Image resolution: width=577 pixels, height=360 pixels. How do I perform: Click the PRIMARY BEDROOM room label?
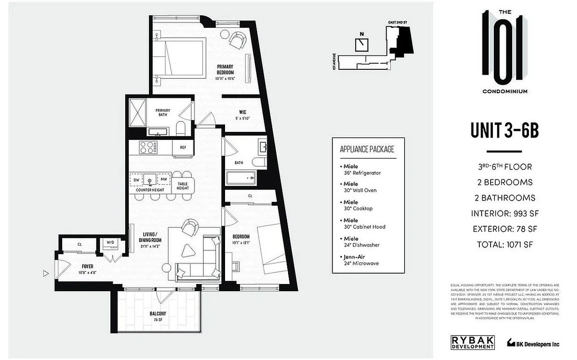click(x=225, y=70)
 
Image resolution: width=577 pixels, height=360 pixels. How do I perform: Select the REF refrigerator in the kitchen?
click(x=183, y=147)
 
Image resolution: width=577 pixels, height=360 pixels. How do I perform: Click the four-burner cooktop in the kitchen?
click(x=148, y=147)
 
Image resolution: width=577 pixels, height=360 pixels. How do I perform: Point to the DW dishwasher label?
click(x=136, y=180)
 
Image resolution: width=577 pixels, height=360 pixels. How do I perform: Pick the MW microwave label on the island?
click(x=163, y=180)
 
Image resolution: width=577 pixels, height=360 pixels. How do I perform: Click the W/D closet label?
click(x=110, y=243)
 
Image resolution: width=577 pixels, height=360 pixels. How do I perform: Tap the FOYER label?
click(x=87, y=266)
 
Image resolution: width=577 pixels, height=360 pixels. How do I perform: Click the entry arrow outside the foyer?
click(x=45, y=273)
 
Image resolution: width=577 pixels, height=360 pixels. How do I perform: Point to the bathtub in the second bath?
click(x=240, y=179)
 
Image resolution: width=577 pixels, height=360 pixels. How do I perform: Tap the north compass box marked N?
click(x=361, y=44)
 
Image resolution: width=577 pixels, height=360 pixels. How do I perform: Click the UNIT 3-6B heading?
click(x=504, y=131)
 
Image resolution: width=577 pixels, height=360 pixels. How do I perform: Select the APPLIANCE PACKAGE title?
click(x=368, y=149)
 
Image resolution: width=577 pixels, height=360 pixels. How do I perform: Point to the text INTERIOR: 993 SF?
click(x=504, y=213)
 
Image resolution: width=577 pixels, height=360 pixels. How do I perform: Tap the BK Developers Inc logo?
click(x=533, y=343)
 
